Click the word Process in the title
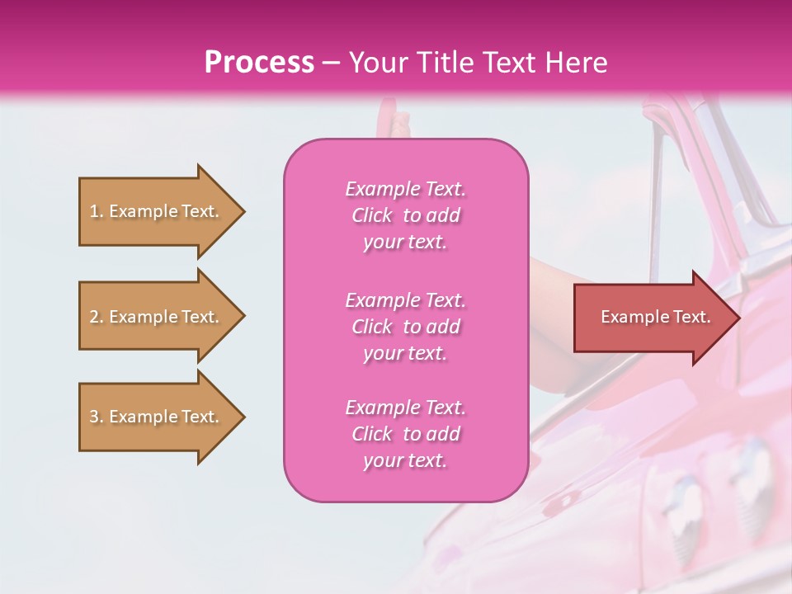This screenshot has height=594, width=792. [259, 63]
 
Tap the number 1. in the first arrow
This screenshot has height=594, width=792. [97, 211]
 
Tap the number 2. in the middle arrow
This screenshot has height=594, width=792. [97, 317]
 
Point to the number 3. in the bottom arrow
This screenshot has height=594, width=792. [97, 417]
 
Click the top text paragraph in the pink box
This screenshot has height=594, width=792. [405, 215]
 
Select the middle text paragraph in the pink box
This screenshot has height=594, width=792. [405, 327]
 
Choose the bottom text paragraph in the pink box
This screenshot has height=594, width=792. [405, 434]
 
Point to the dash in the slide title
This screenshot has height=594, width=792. [332, 63]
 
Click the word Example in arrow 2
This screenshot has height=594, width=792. [143, 317]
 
